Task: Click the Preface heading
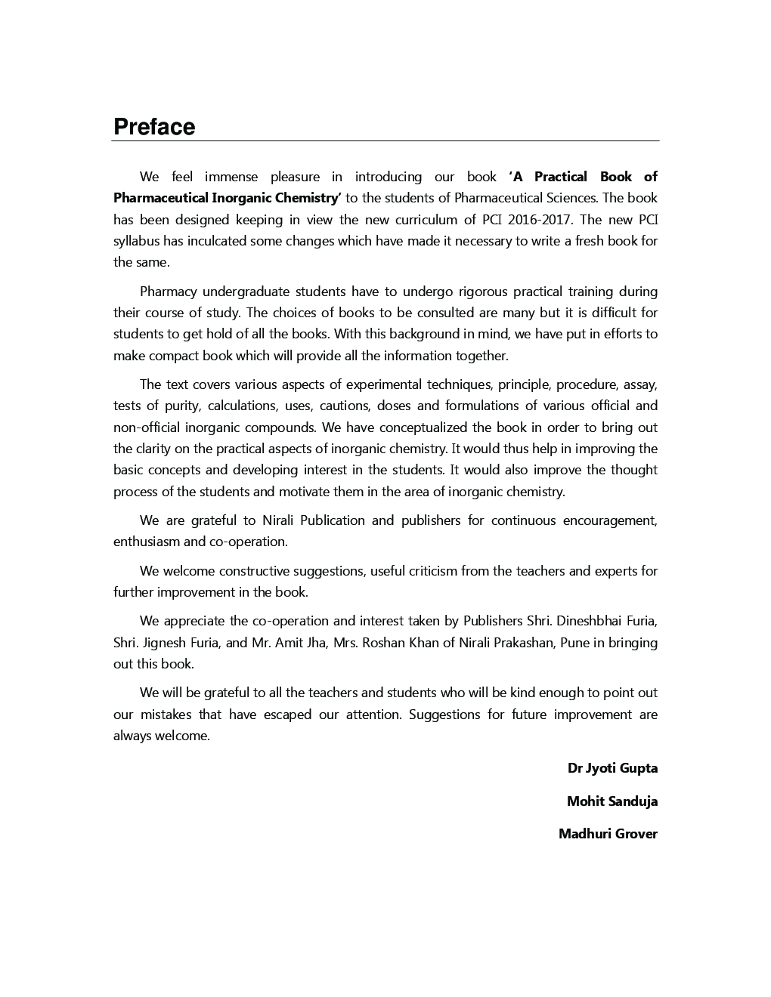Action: [154, 127]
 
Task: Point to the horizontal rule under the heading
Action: [385, 141]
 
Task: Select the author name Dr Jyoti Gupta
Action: [612, 768]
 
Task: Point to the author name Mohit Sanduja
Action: [612, 801]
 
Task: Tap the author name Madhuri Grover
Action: [608, 834]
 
